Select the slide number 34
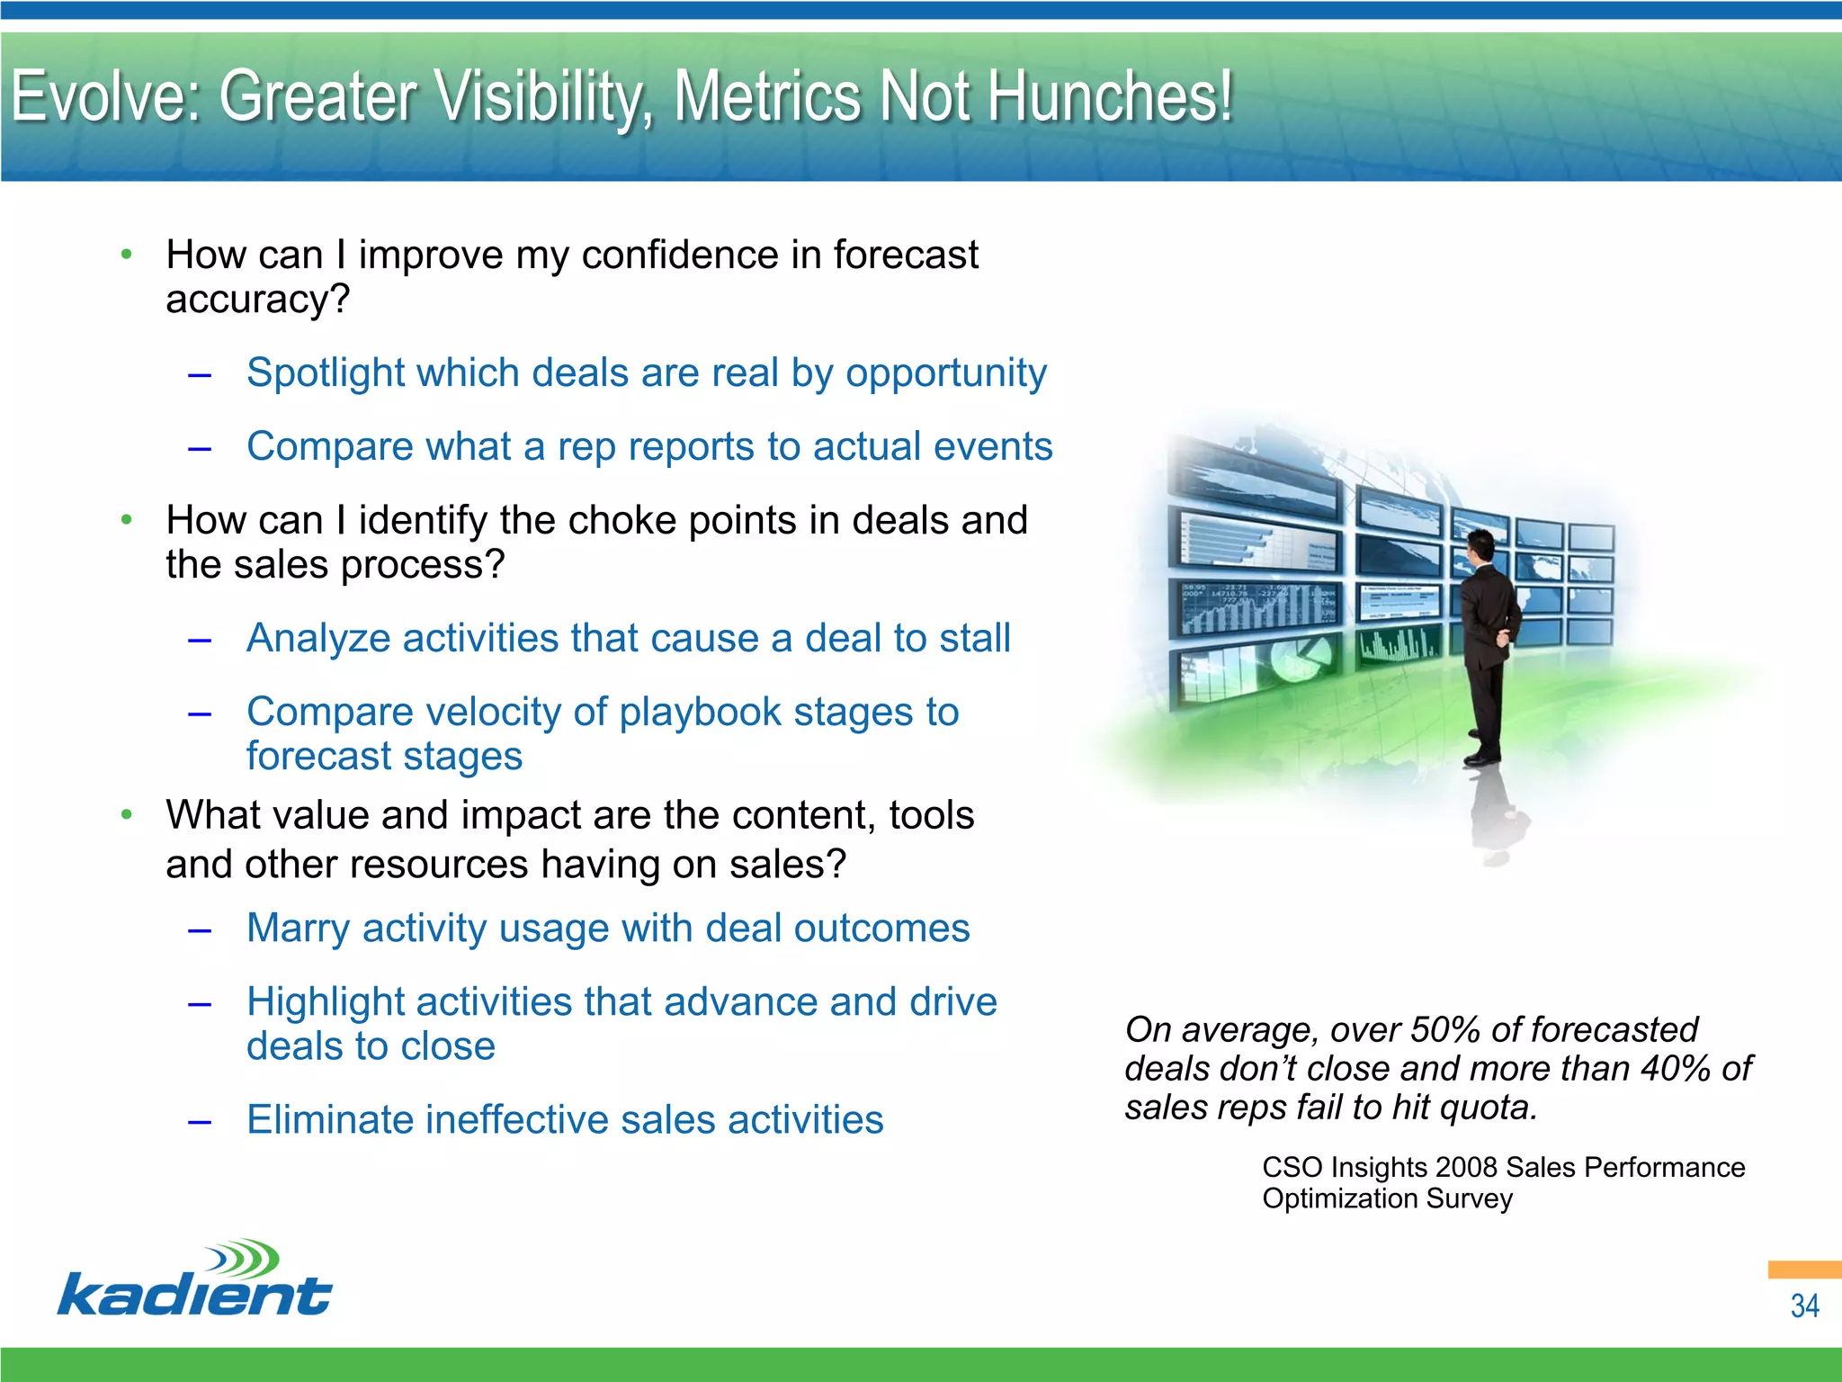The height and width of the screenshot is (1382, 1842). [x=1803, y=1306]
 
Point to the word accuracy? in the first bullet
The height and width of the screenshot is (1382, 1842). [x=257, y=300]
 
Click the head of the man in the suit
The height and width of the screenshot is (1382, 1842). [x=1480, y=545]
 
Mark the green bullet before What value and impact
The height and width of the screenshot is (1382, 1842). [x=127, y=815]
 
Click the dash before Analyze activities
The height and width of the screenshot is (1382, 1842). [x=200, y=640]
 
